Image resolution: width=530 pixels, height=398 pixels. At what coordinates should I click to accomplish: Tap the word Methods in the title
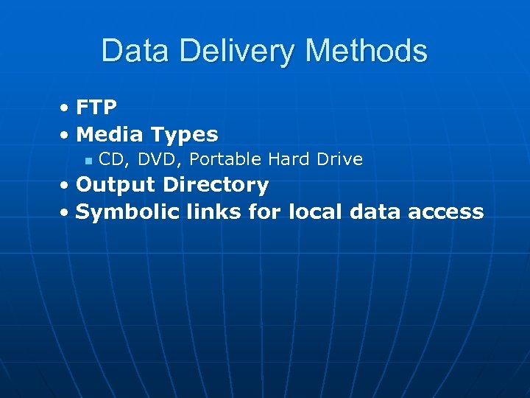[x=366, y=51]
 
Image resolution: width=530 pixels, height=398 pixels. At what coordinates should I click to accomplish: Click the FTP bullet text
[x=96, y=108]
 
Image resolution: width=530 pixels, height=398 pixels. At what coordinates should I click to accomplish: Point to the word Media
[x=109, y=134]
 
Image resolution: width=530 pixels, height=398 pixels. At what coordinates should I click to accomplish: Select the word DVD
[x=154, y=159]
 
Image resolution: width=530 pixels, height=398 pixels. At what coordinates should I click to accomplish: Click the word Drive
[x=339, y=159]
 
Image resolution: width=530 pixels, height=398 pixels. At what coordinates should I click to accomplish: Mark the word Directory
[x=216, y=185]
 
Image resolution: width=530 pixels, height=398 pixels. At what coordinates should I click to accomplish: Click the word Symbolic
[x=127, y=212]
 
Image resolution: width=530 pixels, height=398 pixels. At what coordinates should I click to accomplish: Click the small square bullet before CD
[x=88, y=160]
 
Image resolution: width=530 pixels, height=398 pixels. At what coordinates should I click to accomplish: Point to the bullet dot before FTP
[x=66, y=108]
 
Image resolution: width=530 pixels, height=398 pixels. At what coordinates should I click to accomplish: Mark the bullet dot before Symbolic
[x=66, y=213]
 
